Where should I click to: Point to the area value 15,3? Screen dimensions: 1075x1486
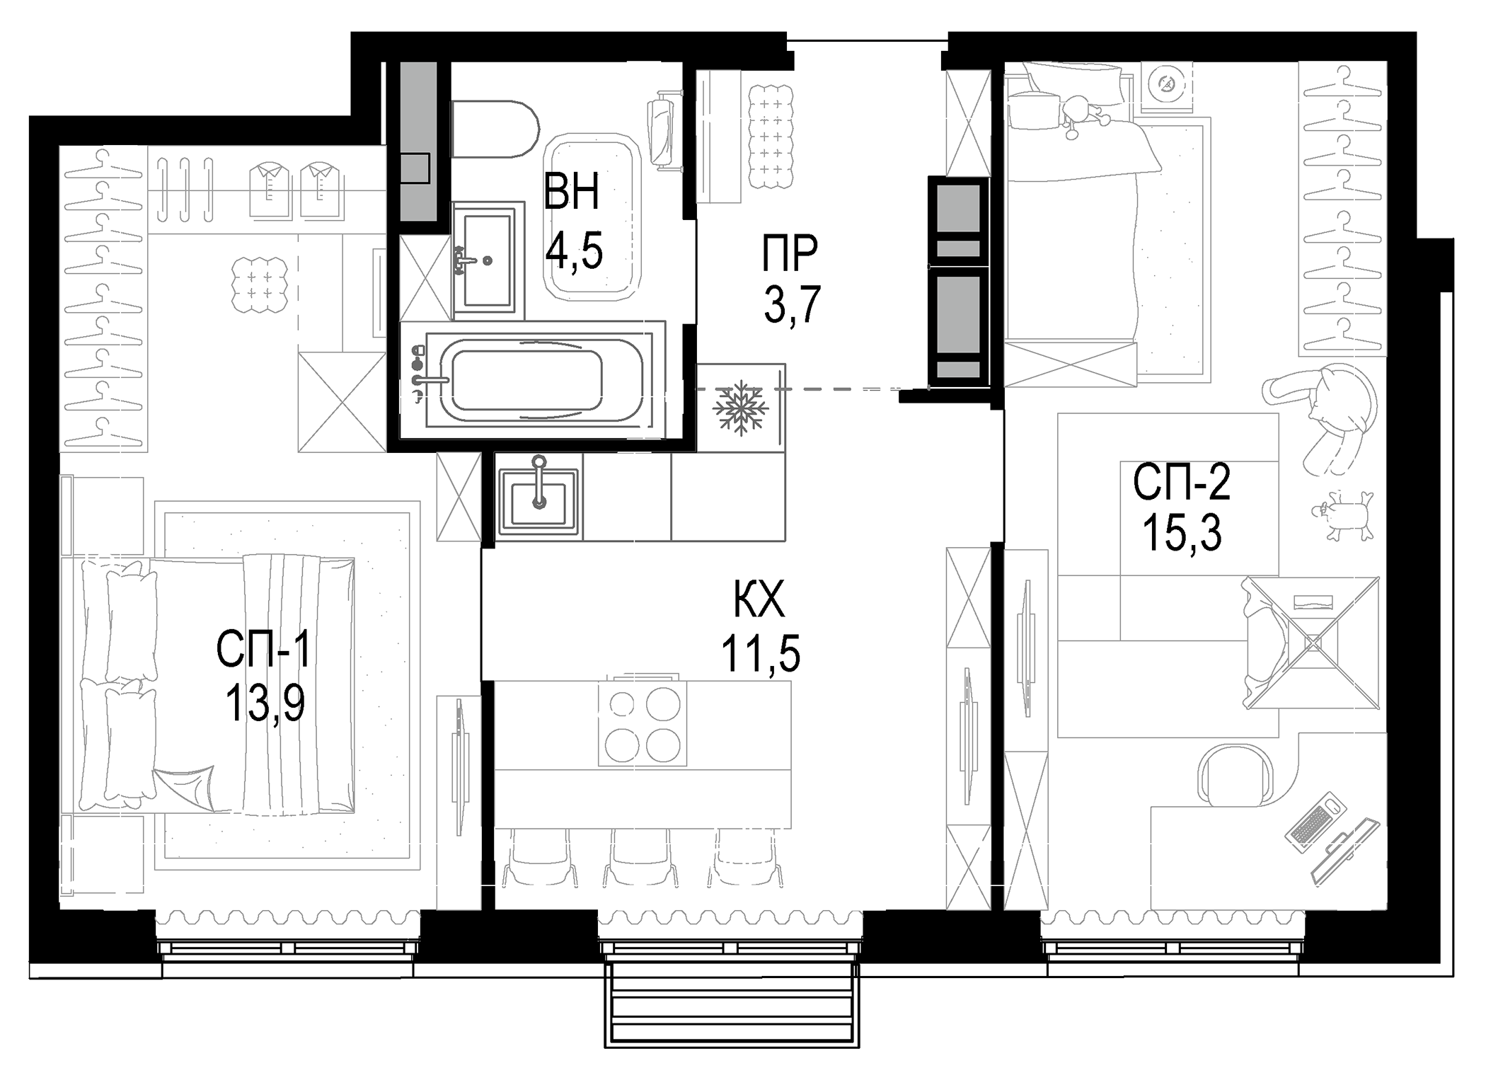[x=1181, y=533]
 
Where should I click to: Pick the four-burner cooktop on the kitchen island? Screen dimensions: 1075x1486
[x=643, y=724]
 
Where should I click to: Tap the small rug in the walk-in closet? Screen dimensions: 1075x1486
[x=260, y=284]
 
